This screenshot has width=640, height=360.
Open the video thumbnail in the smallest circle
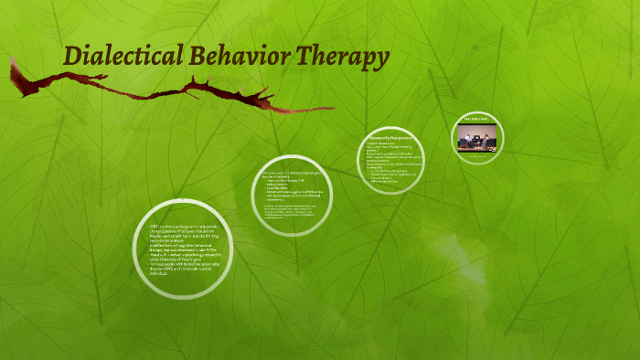(475, 138)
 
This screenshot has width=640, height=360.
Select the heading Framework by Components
(391, 138)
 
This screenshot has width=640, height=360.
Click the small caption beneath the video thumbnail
(475, 157)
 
